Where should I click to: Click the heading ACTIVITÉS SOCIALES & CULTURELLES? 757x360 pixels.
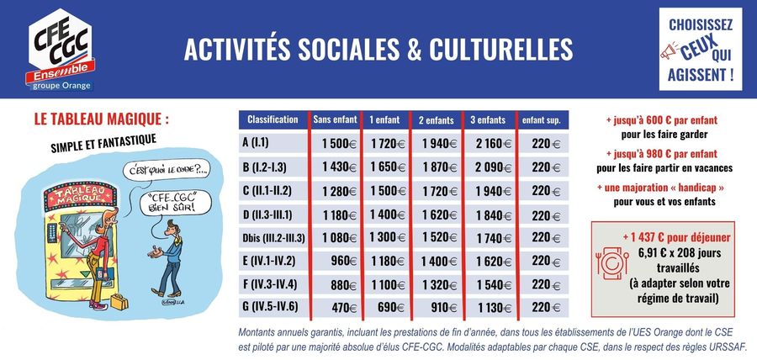[378, 49]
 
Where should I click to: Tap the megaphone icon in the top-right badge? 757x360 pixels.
[676, 55]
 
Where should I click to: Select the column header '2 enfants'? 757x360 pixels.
[437, 120]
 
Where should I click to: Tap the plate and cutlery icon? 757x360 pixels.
[610, 262]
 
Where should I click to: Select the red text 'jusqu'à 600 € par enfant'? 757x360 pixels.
[660, 120]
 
